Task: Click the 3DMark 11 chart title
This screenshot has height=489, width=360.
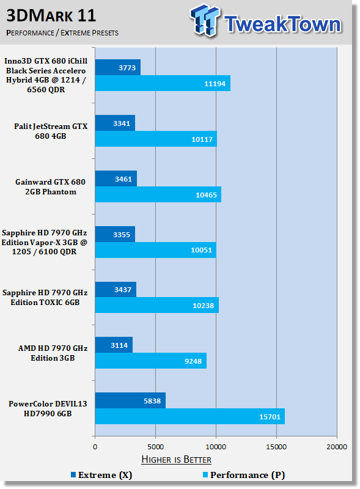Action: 51,15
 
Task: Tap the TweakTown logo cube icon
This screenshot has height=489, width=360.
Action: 204,20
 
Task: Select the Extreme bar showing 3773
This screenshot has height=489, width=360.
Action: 118,67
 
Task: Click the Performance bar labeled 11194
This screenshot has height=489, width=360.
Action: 163,83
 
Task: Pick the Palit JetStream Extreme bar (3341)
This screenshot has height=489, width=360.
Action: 115,123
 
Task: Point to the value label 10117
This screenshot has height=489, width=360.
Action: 202,139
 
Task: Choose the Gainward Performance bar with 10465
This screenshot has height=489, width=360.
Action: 158,194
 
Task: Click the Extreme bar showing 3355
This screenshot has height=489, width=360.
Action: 115,234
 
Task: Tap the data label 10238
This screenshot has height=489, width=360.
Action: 204,306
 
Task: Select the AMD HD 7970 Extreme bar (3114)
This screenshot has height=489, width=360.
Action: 114,345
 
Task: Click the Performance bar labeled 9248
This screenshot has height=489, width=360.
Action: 151,361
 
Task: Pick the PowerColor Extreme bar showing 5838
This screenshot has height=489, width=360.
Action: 130,400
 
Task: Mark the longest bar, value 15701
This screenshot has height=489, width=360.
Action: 190,416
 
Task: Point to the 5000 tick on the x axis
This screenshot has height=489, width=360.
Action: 155,447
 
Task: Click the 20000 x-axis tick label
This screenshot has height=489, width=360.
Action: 337,447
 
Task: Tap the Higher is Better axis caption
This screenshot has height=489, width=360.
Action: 176,460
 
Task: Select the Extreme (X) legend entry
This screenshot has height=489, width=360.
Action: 101,475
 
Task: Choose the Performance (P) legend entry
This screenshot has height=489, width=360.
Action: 244,475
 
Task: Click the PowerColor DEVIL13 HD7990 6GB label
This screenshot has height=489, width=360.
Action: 48,408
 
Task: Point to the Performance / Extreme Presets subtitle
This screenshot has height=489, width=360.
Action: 62,33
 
